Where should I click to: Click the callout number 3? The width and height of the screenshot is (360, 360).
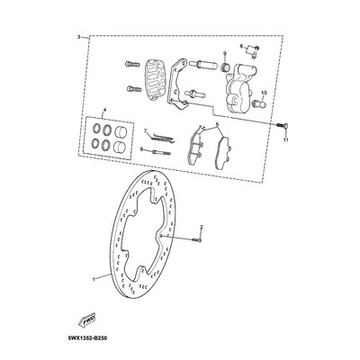[80, 37]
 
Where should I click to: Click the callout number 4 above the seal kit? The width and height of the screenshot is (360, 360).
[104, 111]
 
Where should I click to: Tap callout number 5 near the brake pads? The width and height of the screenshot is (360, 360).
[217, 127]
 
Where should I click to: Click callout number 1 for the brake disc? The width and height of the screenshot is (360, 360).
[92, 280]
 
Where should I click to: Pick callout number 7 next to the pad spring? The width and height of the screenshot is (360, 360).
[143, 130]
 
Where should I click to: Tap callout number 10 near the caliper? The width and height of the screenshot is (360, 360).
[263, 93]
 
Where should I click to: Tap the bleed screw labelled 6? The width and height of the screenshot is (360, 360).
[255, 48]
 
